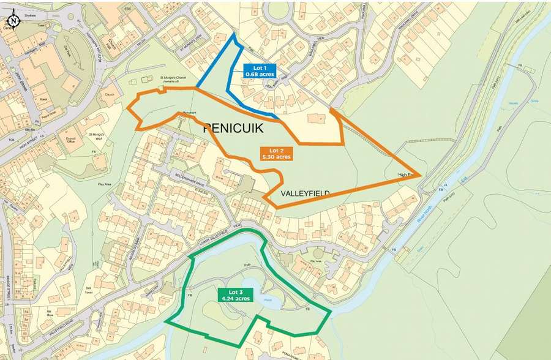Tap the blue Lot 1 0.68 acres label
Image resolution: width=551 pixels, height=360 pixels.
260,70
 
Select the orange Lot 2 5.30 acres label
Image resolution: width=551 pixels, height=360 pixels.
276,153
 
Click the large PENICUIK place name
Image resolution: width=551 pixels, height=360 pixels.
232,129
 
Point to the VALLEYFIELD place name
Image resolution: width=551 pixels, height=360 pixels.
305,193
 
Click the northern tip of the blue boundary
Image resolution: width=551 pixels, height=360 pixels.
233,35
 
